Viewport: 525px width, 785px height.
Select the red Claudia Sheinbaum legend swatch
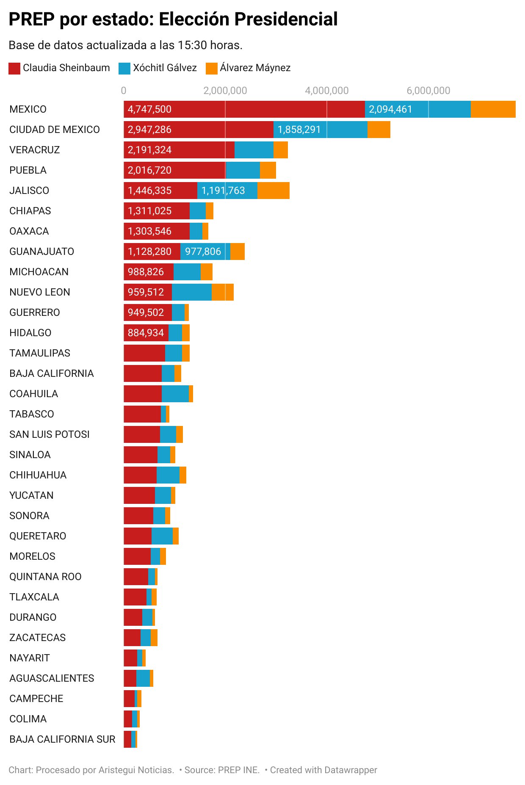point(14,68)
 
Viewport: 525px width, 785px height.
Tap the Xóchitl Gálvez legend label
point(165,68)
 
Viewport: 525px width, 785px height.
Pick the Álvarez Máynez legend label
point(255,68)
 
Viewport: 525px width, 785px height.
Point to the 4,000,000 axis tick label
point(326,91)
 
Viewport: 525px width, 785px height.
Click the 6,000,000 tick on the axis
point(428,91)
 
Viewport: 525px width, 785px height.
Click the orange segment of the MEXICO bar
point(493,109)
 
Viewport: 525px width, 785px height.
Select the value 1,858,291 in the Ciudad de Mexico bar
point(299,130)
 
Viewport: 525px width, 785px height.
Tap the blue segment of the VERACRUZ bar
point(254,150)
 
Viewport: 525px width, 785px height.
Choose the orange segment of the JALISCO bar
point(273,191)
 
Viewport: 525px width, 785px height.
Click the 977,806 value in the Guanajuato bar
point(203,252)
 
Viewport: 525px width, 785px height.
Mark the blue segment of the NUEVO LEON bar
point(191,292)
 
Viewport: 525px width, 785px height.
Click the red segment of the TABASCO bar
point(142,414)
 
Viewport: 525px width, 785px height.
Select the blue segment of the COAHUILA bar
point(175,394)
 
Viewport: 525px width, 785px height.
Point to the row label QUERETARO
point(38,536)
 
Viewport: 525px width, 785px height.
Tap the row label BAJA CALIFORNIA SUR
point(62,739)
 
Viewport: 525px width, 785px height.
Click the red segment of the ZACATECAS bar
point(132,638)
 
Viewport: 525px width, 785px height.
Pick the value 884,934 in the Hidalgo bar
point(146,333)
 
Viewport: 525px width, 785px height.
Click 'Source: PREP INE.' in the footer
point(222,770)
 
